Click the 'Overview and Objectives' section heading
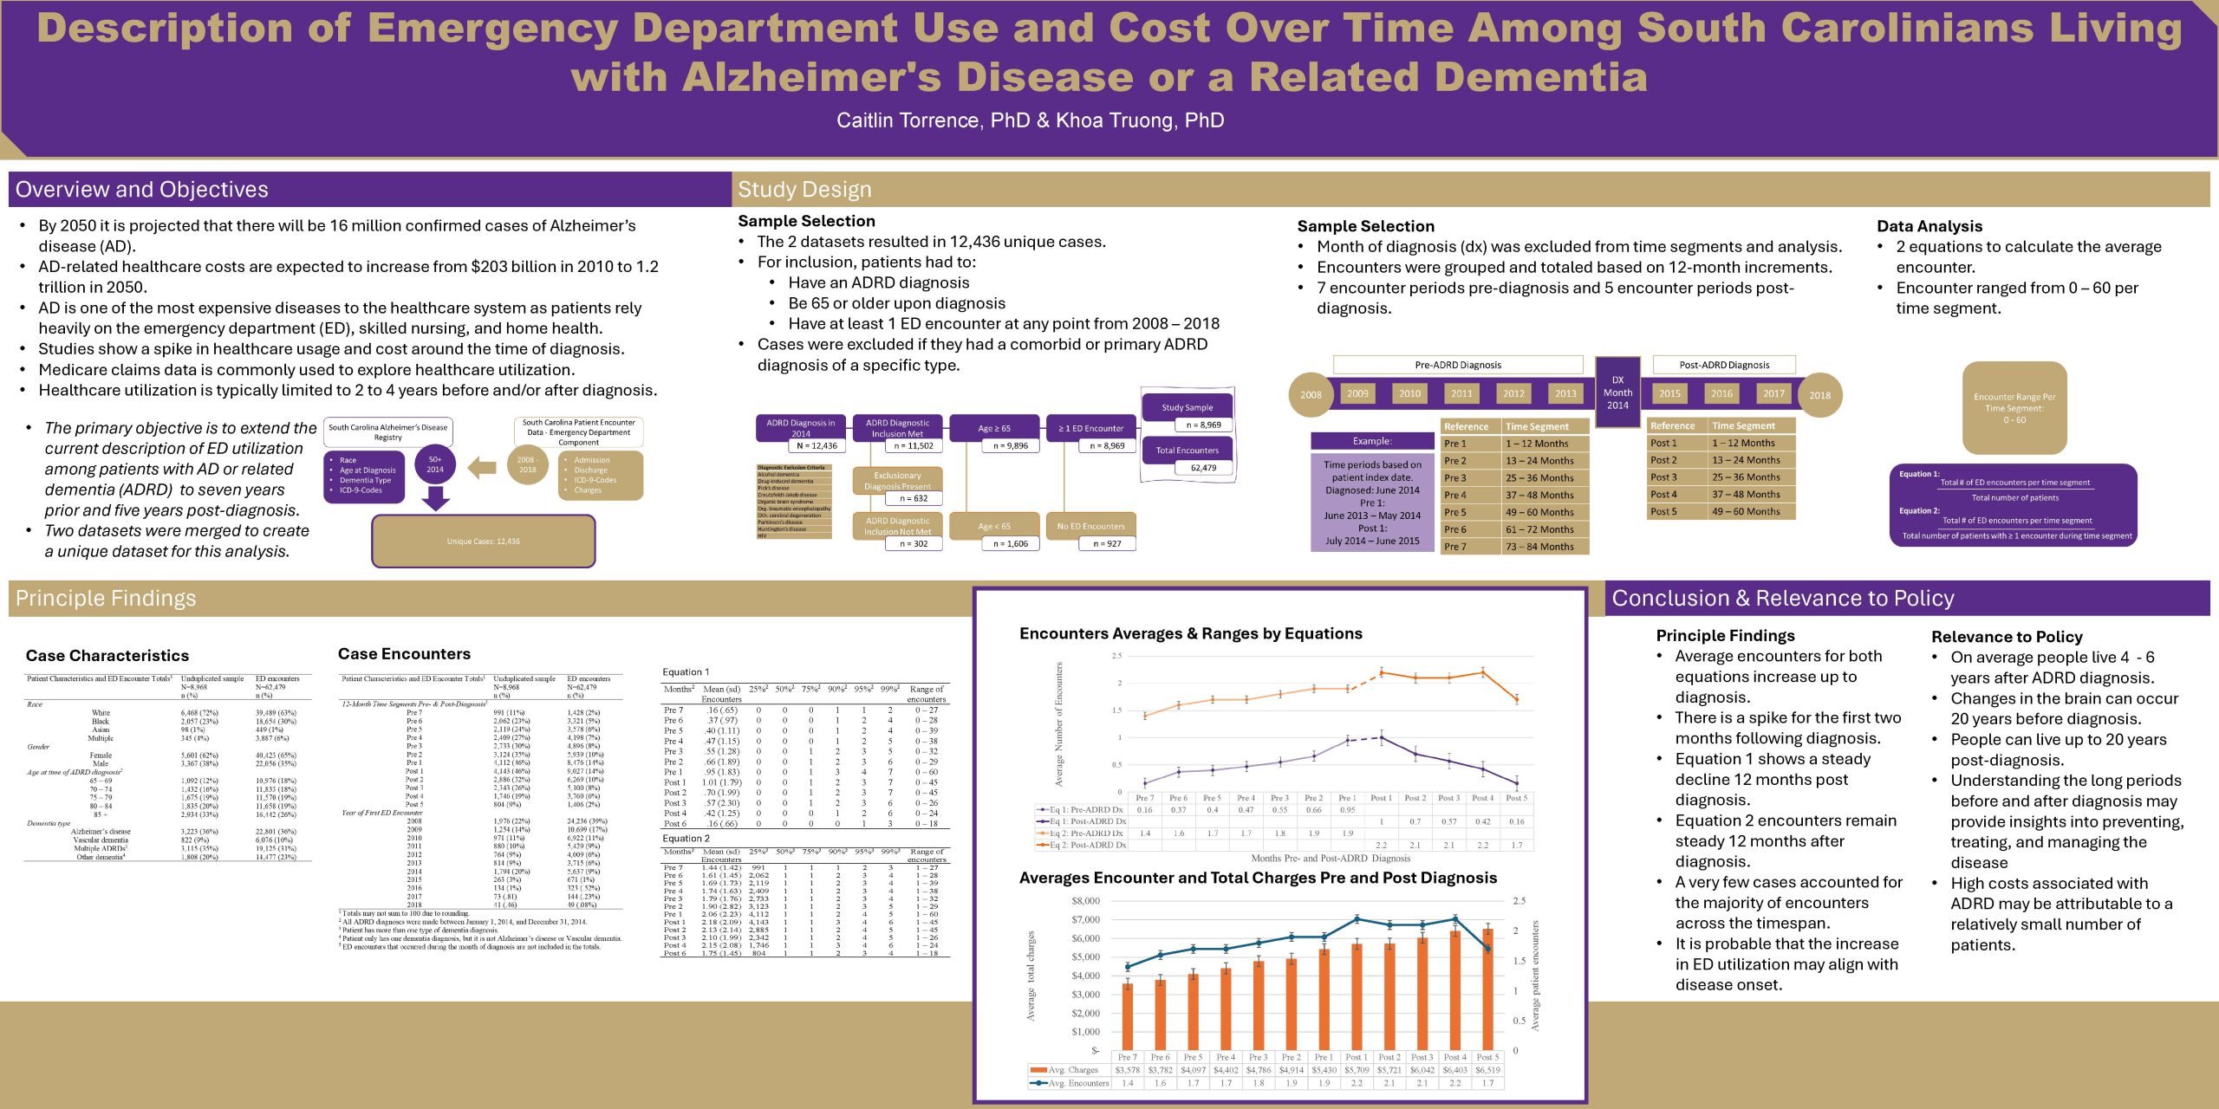click(142, 190)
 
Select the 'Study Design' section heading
click(804, 190)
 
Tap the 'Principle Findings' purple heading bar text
click(106, 599)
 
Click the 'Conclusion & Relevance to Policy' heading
click(1783, 599)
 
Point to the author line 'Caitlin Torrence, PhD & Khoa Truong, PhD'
click(1030, 120)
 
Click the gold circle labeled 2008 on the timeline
click(1311, 395)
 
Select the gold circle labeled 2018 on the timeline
click(1819, 395)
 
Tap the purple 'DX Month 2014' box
click(1617, 392)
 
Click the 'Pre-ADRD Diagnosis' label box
click(1458, 365)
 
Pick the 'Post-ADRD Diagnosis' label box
click(1724, 365)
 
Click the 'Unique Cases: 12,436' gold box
click(483, 542)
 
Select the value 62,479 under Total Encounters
click(1203, 468)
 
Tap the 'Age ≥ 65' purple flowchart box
click(994, 428)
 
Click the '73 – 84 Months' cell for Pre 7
click(1539, 547)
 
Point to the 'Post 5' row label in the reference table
click(1663, 512)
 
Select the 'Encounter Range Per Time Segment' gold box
click(2014, 408)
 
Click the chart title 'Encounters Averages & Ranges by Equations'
click(1190, 633)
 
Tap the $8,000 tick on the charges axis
click(1085, 901)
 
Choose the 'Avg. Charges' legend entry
click(1072, 1070)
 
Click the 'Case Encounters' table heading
click(404, 654)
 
